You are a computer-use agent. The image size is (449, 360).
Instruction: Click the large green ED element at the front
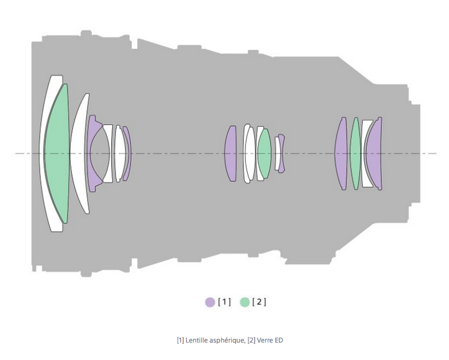coord(57,153)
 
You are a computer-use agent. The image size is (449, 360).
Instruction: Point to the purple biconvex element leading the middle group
coord(230,153)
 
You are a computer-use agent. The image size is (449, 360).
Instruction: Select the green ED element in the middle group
coord(264,153)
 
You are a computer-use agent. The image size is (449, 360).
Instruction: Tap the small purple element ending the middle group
coord(282,153)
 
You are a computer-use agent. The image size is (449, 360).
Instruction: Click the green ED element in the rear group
coord(355,153)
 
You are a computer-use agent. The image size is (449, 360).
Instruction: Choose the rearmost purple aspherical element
coord(374,153)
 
